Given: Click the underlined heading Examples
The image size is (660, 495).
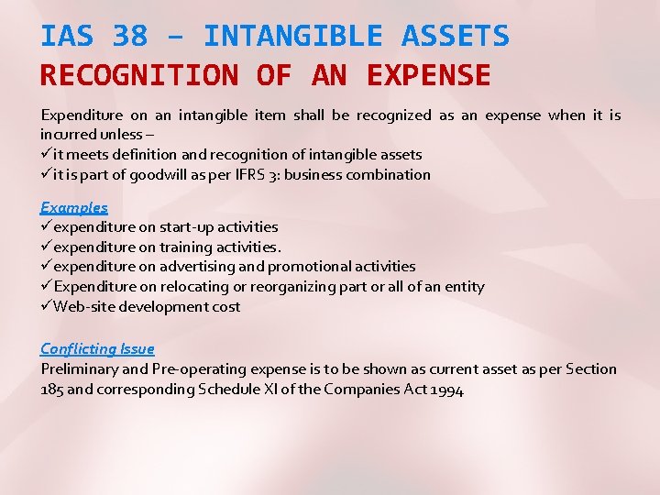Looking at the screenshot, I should point(74,207).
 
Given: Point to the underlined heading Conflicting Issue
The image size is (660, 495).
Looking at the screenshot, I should point(97,348).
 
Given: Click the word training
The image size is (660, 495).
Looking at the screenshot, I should point(188,247).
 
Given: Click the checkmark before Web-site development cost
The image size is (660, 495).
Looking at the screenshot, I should point(46,306).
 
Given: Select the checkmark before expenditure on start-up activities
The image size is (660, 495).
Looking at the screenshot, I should point(46,226).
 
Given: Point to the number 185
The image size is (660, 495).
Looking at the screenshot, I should point(53,389).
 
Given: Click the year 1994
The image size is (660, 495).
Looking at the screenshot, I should point(446,389).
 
